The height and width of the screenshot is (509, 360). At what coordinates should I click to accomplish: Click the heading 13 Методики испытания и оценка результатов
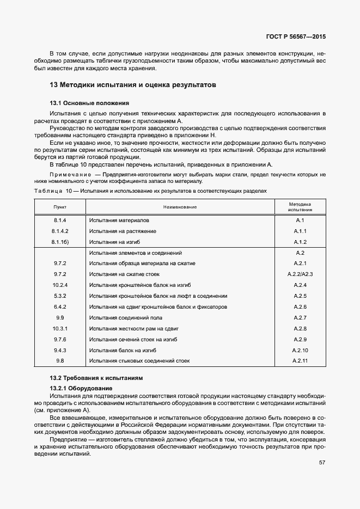tap(133, 85)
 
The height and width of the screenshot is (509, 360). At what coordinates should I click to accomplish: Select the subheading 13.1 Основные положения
tap(89, 103)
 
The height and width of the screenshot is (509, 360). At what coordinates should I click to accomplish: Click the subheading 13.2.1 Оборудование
tap(81, 387)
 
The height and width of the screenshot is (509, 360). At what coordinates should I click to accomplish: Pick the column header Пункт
tap(60, 207)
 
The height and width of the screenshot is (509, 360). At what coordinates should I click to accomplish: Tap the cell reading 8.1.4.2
tap(60, 231)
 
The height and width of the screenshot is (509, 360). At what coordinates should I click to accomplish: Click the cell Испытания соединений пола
tap(126, 317)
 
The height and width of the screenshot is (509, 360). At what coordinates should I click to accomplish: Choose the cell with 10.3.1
tap(60, 328)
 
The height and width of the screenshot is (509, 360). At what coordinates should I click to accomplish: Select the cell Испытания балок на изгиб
tap(123, 350)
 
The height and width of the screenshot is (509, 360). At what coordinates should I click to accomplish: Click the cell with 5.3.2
tap(60, 296)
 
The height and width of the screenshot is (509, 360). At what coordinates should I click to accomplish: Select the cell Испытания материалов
tap(119, 220)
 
